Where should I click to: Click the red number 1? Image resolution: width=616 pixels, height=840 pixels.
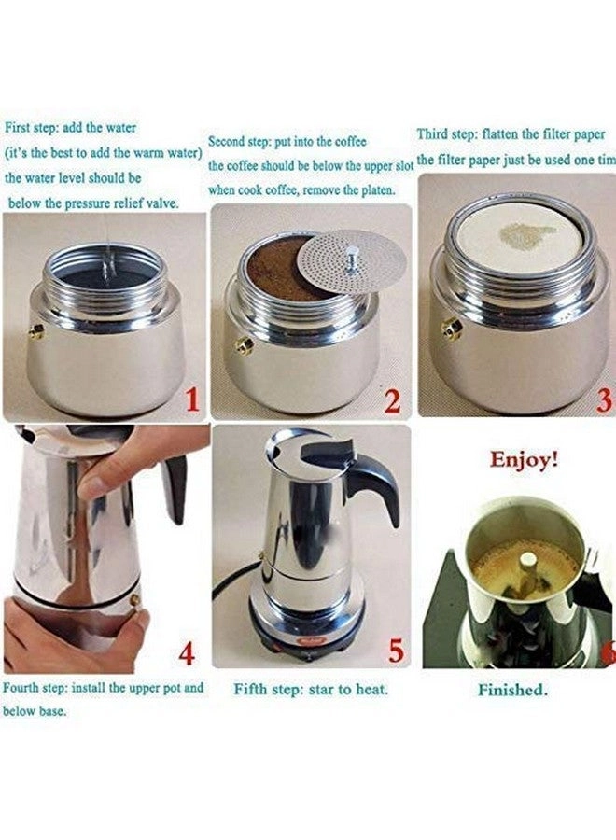(x=191, y=401)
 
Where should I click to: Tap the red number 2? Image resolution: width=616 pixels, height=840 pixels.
(x=392, y=401)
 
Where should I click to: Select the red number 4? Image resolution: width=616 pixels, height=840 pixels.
(x=187, y=652)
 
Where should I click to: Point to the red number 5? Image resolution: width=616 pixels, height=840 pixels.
(x=396, y=651)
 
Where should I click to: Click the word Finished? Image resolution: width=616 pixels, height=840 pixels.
(x=512, y=691)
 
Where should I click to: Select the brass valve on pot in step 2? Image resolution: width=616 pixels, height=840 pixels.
(x=245, y=345)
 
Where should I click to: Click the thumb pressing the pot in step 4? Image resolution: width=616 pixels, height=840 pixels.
(x=94, y=485)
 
